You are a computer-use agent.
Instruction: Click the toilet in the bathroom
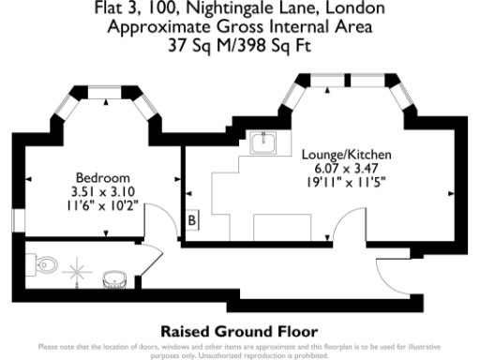[x=46, y=266]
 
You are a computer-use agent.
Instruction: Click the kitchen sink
[x=265, y=143]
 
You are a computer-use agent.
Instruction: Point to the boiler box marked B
[x=192, y=220]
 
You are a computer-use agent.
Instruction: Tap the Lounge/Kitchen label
[x=347, y=153]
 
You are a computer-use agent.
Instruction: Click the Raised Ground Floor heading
[x=239, y=331]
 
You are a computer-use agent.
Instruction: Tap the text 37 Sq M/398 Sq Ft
[x=239, y=43]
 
